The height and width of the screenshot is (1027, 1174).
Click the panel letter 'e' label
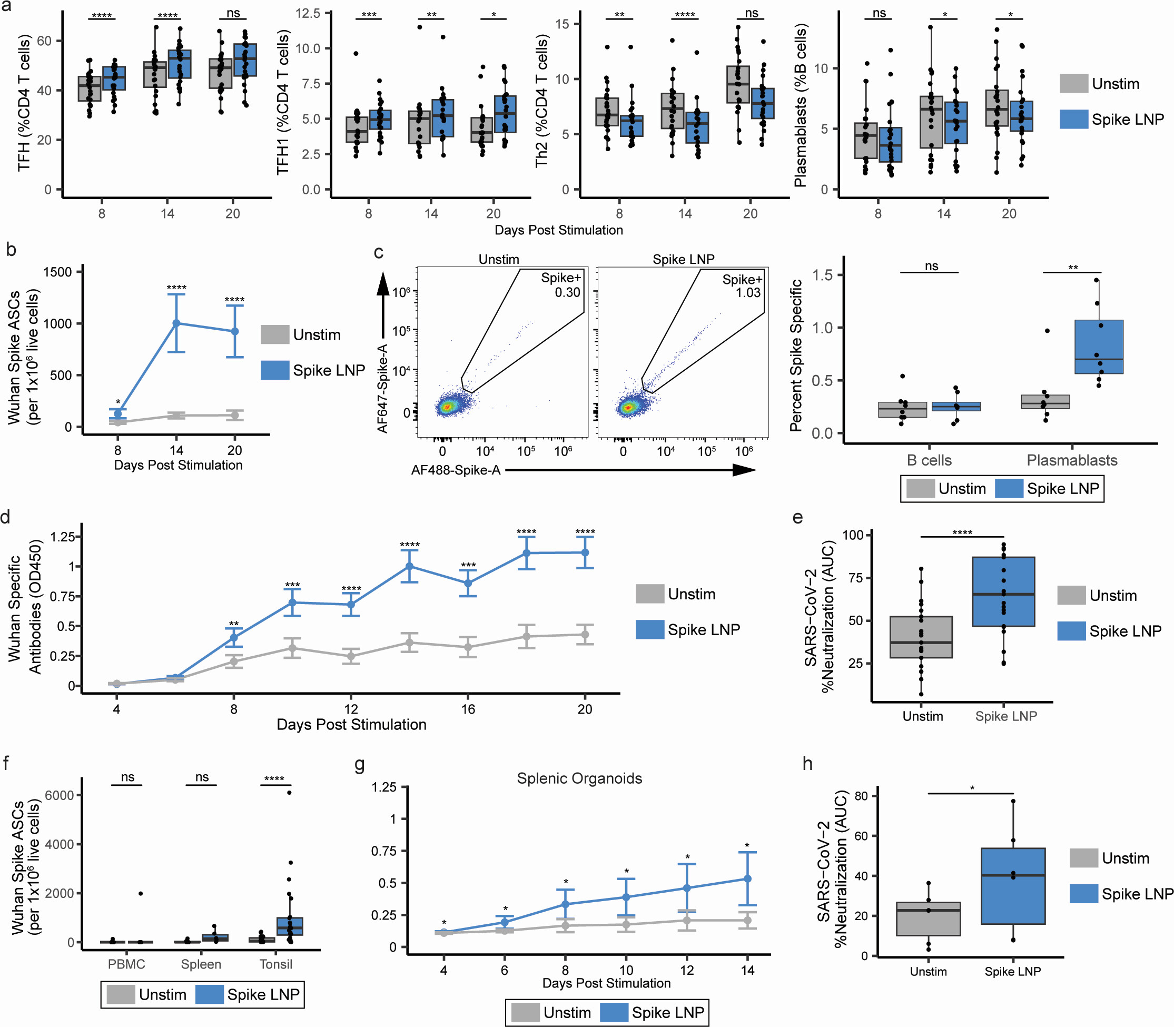coord(797,518)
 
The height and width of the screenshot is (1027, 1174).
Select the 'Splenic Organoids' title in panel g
coord(579,778)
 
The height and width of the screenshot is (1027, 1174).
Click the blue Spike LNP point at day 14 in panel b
coord(176,323)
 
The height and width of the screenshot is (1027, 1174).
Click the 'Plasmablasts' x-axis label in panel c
coord(1071,460)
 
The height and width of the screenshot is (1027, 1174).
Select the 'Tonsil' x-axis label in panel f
coord(276,964)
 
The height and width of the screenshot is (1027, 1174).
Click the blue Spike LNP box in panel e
coord(1004,591)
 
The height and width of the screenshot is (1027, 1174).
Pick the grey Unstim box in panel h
coord(928,919)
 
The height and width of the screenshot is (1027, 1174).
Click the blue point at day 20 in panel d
coord(585,552)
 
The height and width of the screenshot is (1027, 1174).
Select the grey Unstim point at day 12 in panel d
coord(351,656)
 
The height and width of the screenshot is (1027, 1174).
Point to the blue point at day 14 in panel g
coord(747,878)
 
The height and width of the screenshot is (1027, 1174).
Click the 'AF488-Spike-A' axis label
coord(456,470)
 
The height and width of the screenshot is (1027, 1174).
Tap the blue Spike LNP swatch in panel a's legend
coord(1074,119)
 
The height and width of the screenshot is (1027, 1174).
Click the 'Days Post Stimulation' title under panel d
coord(351,724)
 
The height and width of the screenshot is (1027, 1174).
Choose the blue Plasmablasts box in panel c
coord(1099,347)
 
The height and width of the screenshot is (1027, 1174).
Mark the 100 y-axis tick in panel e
coord(852,535)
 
